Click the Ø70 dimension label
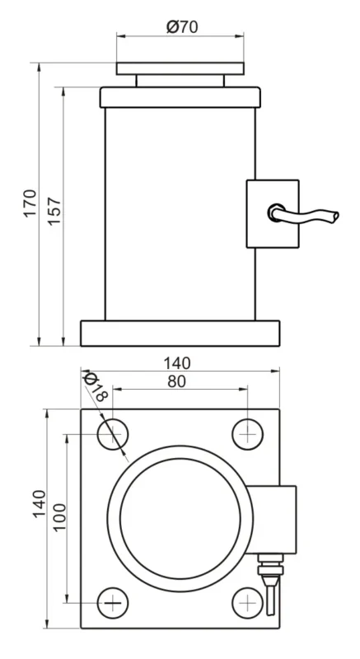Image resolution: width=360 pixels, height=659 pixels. [181, 26]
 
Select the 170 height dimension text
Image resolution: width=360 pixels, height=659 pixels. [30, 203]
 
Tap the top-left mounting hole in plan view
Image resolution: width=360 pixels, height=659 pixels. [113, 433]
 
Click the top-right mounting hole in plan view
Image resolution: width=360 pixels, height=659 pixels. [246, 433]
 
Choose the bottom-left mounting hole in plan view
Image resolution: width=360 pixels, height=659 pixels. [113, 603]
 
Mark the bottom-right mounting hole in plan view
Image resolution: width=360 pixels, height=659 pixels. [246, 603]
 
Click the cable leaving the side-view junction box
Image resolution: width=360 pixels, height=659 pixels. [309, 217]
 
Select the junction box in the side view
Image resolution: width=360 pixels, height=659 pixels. [272, 214]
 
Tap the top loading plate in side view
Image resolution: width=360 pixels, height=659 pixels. [180, 68]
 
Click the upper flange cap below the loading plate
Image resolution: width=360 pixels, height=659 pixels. [180, 97]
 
